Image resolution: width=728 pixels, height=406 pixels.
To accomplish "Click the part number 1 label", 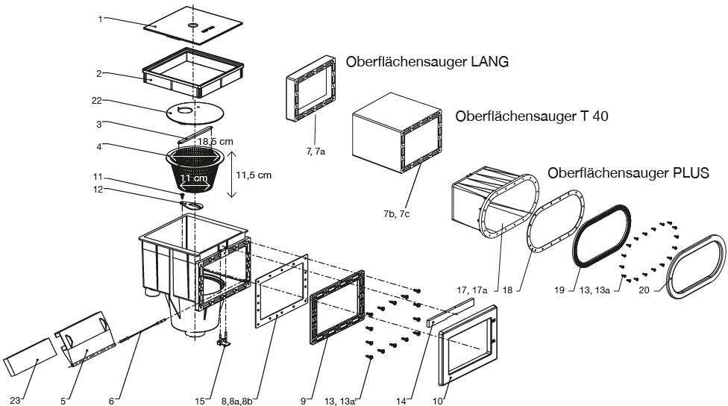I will point(100,19).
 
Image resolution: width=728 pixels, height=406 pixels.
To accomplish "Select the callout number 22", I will point(95,101).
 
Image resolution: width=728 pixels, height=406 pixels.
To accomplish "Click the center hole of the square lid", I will point(193,26).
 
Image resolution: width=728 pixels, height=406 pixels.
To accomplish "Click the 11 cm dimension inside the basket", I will point(193,178).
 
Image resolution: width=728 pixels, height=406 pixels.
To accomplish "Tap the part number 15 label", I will point(199,401).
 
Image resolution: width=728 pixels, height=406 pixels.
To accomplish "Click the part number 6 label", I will point(111,401).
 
